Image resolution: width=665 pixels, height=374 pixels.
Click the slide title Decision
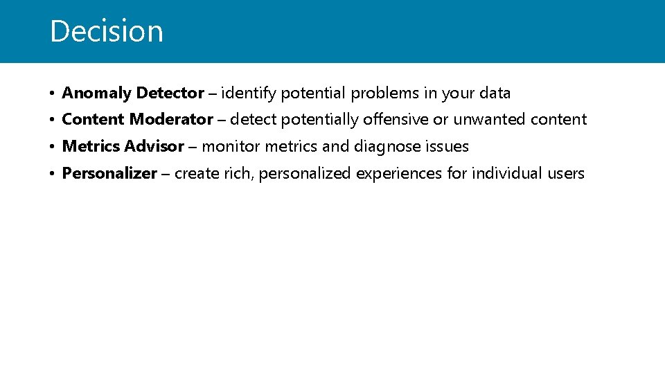tap(107, 31)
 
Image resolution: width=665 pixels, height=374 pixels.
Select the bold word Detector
tap(170, 93)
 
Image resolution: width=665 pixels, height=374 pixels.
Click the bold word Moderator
tap(172, 119)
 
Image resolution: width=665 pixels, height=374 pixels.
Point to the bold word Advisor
tap(154, 146)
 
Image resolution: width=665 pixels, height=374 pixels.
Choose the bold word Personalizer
tap(109, 173)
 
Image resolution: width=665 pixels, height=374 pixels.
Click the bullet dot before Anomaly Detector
tap(52, 93)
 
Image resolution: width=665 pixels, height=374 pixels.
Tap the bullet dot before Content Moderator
tap(52, 120)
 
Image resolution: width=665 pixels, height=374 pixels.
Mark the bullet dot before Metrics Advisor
tap(52, 147)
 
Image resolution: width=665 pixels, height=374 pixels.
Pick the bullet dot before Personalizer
tap(52, 174)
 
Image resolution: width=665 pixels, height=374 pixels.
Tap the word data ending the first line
tap(495, 93)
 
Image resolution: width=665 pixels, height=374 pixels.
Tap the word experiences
tap(398, 173)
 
